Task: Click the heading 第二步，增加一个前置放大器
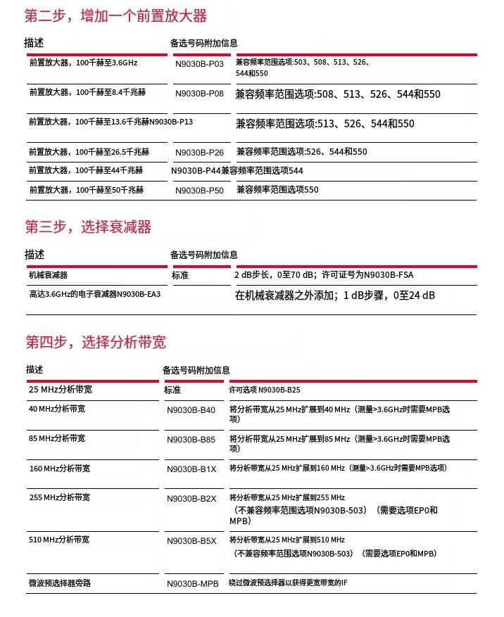[x=116, y=15]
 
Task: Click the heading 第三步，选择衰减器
[x=88, y=227]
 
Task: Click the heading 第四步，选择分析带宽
[x=96, y=343]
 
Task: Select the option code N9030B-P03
[x=199, y=65]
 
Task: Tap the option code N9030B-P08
[x=199, y=94]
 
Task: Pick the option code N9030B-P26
[x=199, y=152]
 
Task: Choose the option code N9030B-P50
[x=199, y=190]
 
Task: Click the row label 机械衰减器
[x=49, y=275]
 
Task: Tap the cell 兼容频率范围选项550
[x=277, y=189]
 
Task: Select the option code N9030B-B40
[x=191, y=410]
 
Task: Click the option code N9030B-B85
[x=191, y=440]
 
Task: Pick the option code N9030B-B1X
[x=191, y=469]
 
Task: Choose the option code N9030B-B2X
[x=191, y=499]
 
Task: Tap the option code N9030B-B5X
[x=191, y=541]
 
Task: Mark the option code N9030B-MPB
[x=194, y=584]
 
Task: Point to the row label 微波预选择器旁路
[x=60, y=583]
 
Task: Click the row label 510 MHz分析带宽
[x=59, y=540]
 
